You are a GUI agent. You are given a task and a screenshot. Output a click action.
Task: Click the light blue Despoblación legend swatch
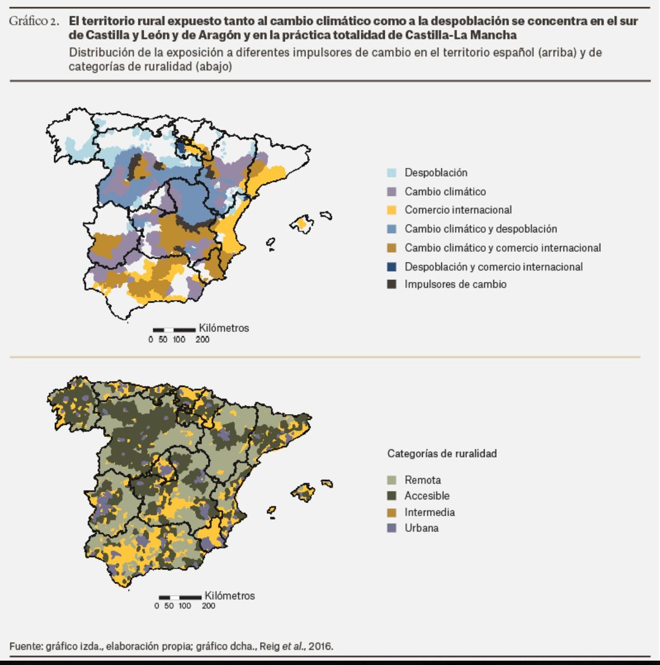tap(391, 173)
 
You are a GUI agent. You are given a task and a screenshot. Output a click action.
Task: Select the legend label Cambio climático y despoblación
tap(481, 229)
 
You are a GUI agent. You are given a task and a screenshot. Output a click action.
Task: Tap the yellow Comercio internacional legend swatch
tap(391, 210)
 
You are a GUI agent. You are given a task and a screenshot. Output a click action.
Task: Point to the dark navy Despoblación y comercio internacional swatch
tap(391, 267)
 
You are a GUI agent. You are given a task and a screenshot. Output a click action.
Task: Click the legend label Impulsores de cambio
tap(455, 284)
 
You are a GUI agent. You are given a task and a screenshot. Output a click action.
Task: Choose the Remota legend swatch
tap(391, 480)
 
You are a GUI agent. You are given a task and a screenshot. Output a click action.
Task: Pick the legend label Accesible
tap(427, 495)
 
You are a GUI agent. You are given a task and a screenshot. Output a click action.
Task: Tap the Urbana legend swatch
tap(391, 528)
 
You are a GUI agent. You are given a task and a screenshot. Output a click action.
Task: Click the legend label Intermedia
tap(429, 512)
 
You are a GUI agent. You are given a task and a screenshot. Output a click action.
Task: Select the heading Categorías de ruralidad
tap(441, 453)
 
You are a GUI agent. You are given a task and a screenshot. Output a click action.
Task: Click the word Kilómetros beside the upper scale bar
tap(224, 328)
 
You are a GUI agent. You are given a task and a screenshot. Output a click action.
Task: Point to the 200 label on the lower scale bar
tap(208, 606)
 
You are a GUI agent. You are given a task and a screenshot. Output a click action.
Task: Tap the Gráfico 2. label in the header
tap(34, 21)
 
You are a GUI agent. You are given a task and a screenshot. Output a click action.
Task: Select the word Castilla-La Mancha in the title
tap(460, 35)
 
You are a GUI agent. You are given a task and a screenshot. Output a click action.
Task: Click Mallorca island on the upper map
tap(302, 224)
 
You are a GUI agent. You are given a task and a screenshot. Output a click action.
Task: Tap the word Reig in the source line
tap(269, 646)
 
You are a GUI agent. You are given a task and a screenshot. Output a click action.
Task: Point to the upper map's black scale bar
tap(174, 330)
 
